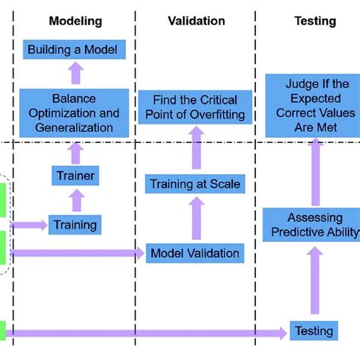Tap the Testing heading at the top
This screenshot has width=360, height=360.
[x=315, y=21]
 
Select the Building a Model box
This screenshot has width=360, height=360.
[x=73, y=50]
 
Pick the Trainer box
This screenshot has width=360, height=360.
[x=74, y=176]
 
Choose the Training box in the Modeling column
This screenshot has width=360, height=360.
[x=74, y=224]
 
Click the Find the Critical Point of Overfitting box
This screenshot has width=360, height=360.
[x=194, y=107]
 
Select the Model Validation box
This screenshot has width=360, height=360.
[x=194, y=254]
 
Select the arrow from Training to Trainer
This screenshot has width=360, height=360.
[x=74, y=201]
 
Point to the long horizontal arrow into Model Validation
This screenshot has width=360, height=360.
[x=76, y=254]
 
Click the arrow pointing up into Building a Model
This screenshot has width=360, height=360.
[x=74, y=74]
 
